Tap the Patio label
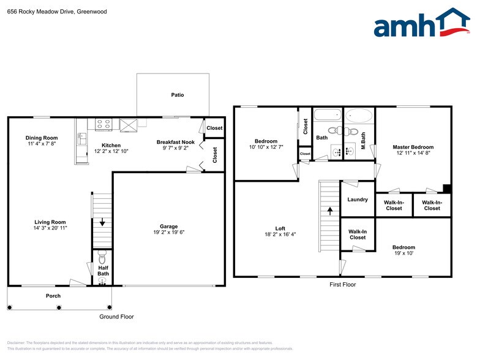click(177, 95)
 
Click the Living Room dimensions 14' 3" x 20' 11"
click(50, 228)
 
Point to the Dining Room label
click(42, 138)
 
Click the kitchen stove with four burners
click(103, 124)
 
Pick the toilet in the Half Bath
click(102, 254)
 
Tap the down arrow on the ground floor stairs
click(102, 223)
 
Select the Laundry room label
click(357, 200)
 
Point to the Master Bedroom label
click(413, 147)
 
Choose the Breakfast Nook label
click(175, 141)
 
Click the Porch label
click(53, 296)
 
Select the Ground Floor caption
click(116, 317)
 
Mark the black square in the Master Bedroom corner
click(446, 189)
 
